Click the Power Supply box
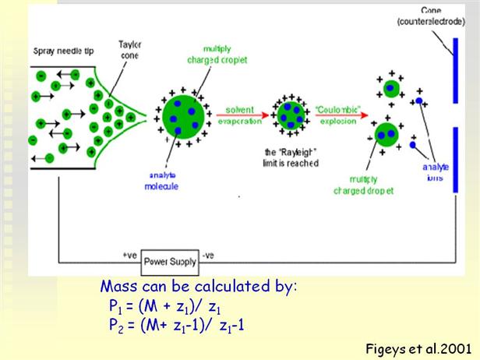[171, 263]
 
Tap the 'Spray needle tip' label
[60, 52]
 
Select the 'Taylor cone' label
[129, 50]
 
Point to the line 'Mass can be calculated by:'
[199, 287]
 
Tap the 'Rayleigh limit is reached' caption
[289, 159]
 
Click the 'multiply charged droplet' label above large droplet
[202, 54]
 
